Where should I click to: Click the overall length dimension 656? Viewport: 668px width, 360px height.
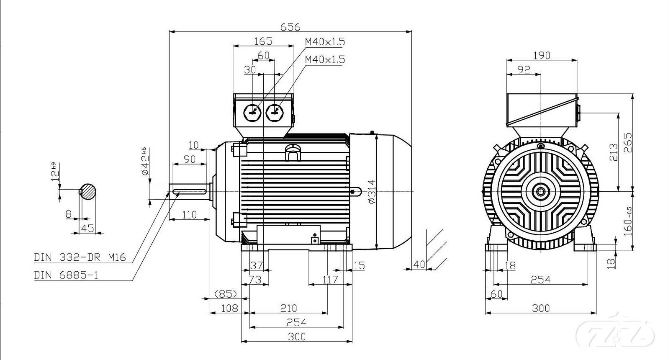click(290, 27)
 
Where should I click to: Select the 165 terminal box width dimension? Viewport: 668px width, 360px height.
click(263, 41)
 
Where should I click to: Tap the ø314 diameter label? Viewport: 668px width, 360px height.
click(372, 191)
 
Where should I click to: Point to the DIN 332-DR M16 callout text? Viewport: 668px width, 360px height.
click(80, 257)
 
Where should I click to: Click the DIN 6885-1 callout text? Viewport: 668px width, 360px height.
click(66, 275)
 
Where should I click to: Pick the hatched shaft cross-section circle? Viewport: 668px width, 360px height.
click(88, 191)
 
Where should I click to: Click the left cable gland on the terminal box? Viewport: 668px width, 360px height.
click(252, 113)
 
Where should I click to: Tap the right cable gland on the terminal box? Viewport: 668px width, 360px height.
click(275, 113)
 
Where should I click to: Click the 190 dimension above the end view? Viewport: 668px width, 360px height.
click(542, 56)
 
